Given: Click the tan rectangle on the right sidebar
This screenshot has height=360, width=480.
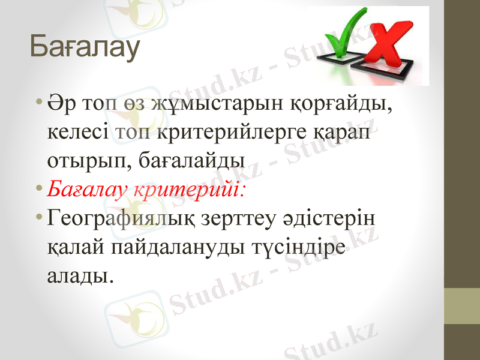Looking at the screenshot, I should pos(461,306).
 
